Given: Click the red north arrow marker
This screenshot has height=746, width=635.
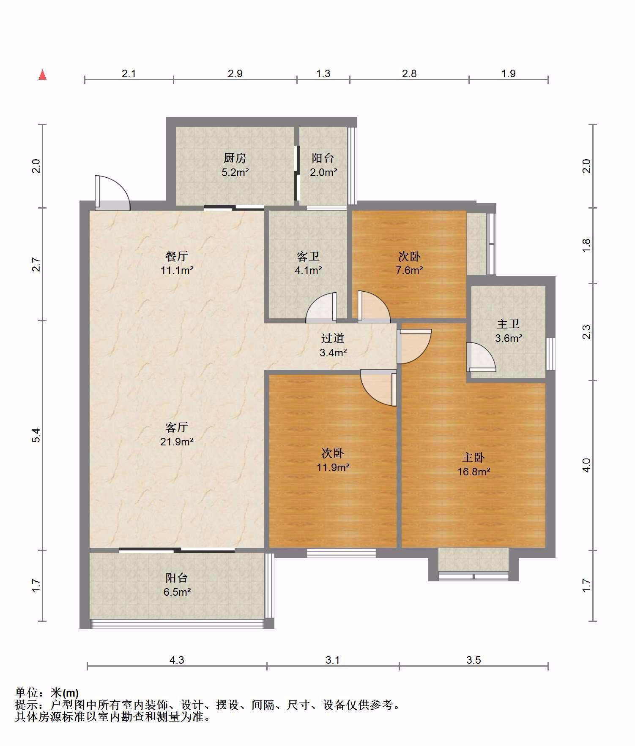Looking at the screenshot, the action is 42,75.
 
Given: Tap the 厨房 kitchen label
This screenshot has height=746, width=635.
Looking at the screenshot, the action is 235,158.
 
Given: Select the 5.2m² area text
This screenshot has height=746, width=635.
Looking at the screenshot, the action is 235,172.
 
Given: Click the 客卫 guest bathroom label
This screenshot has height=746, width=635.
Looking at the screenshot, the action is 308,256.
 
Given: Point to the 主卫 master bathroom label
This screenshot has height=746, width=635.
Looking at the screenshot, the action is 508,324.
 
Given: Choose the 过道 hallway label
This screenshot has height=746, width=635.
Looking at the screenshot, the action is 333,338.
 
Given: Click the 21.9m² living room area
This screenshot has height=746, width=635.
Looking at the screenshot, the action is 177,442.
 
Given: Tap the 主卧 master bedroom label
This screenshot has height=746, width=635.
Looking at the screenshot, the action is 474,457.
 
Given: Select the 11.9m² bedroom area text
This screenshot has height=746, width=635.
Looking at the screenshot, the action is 333,467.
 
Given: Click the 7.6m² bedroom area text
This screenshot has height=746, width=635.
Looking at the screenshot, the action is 409,270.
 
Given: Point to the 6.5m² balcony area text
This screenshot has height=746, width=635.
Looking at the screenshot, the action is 177,592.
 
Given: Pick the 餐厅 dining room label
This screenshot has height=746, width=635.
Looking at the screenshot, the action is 177,256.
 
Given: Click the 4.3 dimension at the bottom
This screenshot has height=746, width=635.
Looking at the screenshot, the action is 177,660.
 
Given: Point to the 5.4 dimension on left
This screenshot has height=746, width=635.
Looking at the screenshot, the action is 36,435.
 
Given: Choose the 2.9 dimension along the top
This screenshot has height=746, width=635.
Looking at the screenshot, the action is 235,73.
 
